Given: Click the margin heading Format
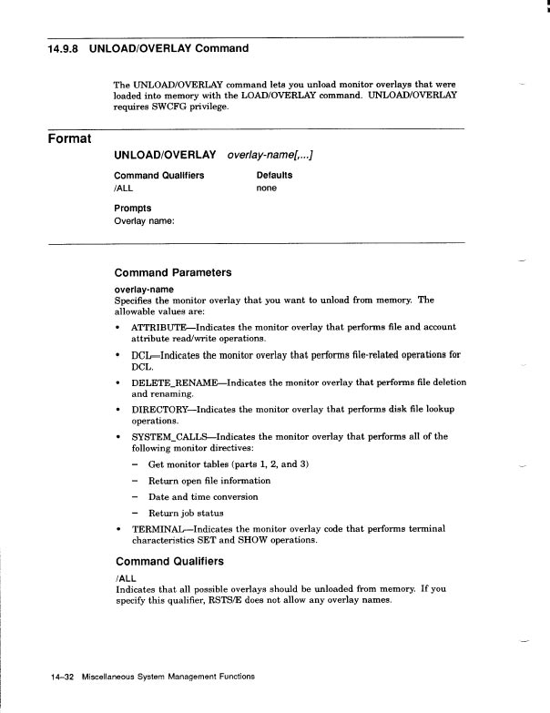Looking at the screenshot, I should pos(70,138).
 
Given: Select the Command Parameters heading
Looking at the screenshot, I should pos(173,272).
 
